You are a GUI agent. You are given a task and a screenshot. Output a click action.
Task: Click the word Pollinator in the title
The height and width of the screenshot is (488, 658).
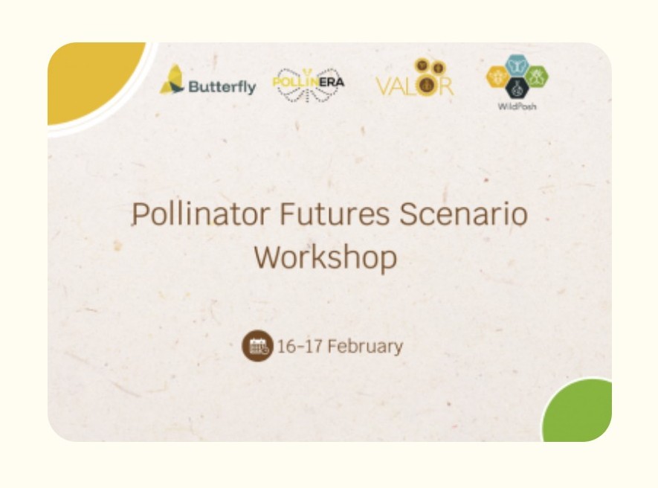[x=200, y=213]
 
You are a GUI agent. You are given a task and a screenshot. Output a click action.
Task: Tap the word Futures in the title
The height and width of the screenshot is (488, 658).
[x=335, y=213]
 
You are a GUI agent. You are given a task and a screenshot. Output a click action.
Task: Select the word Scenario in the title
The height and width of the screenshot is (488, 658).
[x=463, y=213]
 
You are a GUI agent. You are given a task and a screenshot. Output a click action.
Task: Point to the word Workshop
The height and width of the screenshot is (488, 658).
[x=326, y=257]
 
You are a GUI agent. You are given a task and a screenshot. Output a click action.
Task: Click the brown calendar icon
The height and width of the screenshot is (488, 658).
[x=257, y=346]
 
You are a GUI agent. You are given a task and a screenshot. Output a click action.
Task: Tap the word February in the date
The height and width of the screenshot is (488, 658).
[x=365, y=347]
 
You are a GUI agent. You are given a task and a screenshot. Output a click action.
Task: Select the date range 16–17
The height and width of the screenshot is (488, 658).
[x=300, y=347]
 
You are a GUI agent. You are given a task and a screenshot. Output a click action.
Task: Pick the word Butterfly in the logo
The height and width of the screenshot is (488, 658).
[x=222, y=87]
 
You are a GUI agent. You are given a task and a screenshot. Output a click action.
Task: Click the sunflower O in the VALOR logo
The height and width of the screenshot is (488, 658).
[x=426, y=84]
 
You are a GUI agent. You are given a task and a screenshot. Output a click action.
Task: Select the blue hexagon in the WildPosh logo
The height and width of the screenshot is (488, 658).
[x=517, y=65]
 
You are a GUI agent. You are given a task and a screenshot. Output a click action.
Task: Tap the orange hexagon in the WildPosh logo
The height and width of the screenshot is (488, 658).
[x=497, y=77]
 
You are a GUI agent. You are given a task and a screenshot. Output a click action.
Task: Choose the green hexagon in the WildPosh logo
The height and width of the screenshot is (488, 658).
[x=537, y=77]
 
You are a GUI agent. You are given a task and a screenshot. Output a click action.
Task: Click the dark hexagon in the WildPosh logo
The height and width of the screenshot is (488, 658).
[x=517, y=89]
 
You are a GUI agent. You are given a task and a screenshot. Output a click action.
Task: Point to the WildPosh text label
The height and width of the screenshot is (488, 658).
[x=517, y=106]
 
